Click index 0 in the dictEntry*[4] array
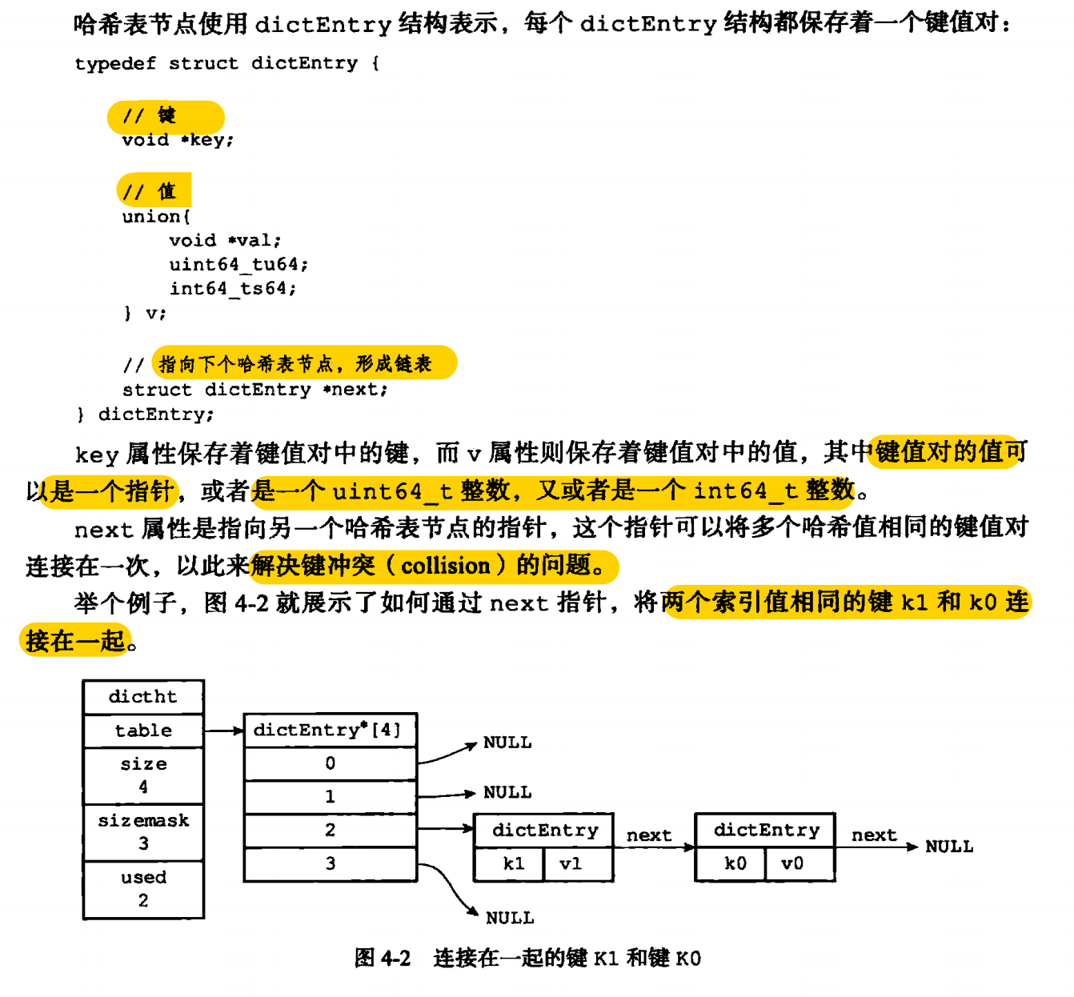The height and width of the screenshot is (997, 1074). click(330, 763)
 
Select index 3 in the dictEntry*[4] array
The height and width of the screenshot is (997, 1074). click(330, 864)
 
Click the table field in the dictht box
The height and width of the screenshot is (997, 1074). click(143, 731)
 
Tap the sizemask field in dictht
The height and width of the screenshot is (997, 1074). click(143, 831)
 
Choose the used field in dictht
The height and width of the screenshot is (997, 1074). click(143, 888)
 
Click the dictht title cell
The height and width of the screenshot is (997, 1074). click(143, 697)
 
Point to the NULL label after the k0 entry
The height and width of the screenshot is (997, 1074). click(949, 847)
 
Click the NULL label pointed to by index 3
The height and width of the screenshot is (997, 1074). click(509, 918)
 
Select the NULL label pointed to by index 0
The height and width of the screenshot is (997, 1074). click(507, 743)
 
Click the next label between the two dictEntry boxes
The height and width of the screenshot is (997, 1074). click(649, 835)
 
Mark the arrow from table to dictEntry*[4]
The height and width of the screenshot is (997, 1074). click(223, 731)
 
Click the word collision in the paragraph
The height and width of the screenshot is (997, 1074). click(445, 566)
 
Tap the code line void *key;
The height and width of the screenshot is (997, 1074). click(178, 140)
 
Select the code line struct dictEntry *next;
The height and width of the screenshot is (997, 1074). click(254, 390)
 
